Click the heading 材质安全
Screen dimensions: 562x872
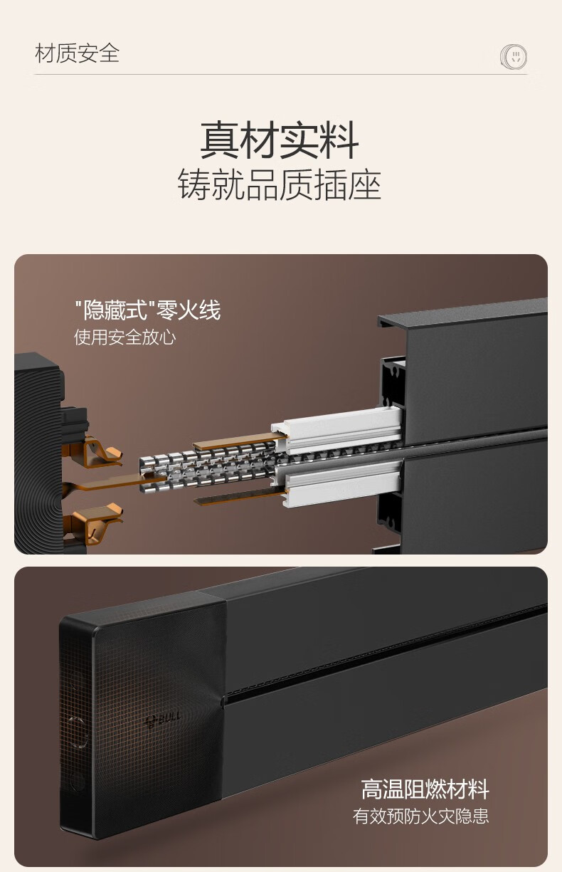[77, 53]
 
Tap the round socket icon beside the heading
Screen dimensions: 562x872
[514, 56]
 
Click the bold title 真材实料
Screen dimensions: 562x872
[280, 140]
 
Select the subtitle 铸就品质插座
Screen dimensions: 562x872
[280, 184]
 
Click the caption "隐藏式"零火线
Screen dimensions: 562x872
[148, 310]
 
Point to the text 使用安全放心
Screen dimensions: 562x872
[124, 337]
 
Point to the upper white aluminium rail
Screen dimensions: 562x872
[338, 429]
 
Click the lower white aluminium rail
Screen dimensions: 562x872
[339, 483]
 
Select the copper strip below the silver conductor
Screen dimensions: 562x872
[240, 497]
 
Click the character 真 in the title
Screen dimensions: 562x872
[220, 140]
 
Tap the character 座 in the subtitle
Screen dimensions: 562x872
[364, 184]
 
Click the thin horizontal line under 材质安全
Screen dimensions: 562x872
[281, 74]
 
